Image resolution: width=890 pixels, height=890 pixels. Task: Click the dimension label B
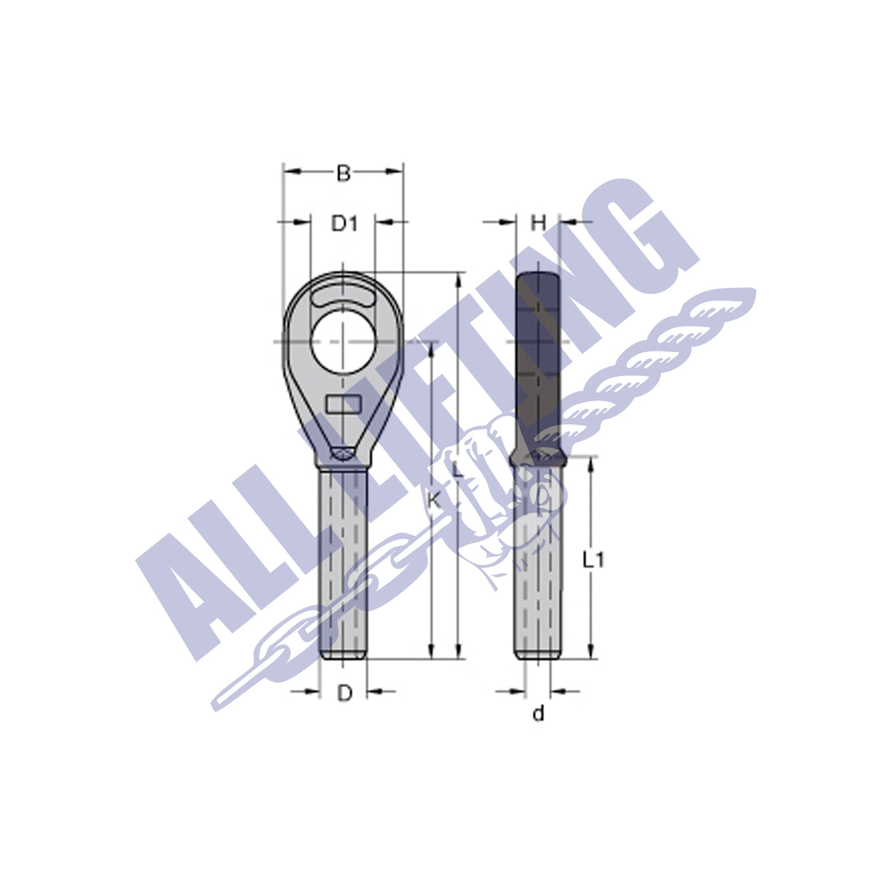coord(343,173)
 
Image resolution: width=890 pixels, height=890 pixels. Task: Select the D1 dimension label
coord(345,223)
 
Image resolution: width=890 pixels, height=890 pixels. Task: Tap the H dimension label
coord(538,223)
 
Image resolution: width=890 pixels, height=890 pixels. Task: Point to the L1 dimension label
coord(593,559)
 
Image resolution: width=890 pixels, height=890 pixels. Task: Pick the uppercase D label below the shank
coord(344,693)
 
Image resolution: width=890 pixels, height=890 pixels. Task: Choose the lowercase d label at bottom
coord(538,715)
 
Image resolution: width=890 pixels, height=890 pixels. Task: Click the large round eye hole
coord(343,341)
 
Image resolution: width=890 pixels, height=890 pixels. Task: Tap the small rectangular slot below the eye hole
coord(343,404)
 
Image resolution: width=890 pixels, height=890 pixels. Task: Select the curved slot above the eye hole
coord(343,296)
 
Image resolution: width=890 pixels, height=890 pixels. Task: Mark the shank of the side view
coord(538,572)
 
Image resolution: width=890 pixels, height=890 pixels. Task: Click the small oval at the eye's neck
coord(343,453)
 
